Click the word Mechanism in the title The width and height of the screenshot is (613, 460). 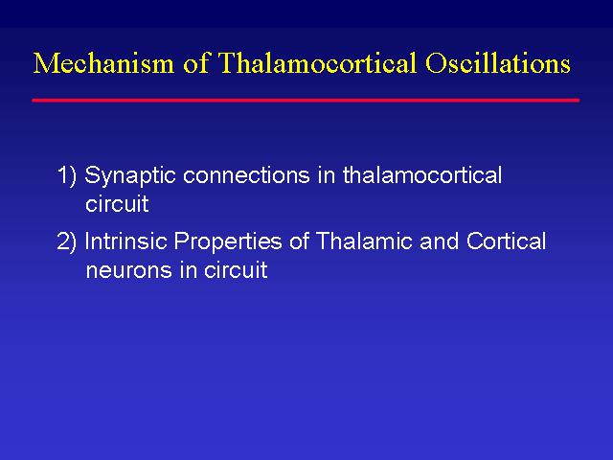[103, 62]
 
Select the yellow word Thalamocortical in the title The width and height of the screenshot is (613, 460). [317, 62]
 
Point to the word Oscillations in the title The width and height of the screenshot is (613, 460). [498, 62]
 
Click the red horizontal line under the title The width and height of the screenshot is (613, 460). [306, 101]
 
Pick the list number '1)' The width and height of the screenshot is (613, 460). [67, 174]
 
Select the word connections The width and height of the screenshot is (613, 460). [246, 175]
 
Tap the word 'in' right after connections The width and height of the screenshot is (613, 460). [327, 175]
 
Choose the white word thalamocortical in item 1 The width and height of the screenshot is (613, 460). [422, 174]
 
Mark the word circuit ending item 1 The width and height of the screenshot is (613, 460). [117, 204]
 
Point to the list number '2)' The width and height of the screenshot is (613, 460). [67, 241]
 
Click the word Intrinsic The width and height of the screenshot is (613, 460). [125, 241]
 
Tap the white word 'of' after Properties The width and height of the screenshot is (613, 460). [300, 241]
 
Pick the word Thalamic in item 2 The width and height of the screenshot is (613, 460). [363, 241]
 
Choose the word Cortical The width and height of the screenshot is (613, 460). [506, 241]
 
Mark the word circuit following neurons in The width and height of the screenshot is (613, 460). [236, 269]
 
